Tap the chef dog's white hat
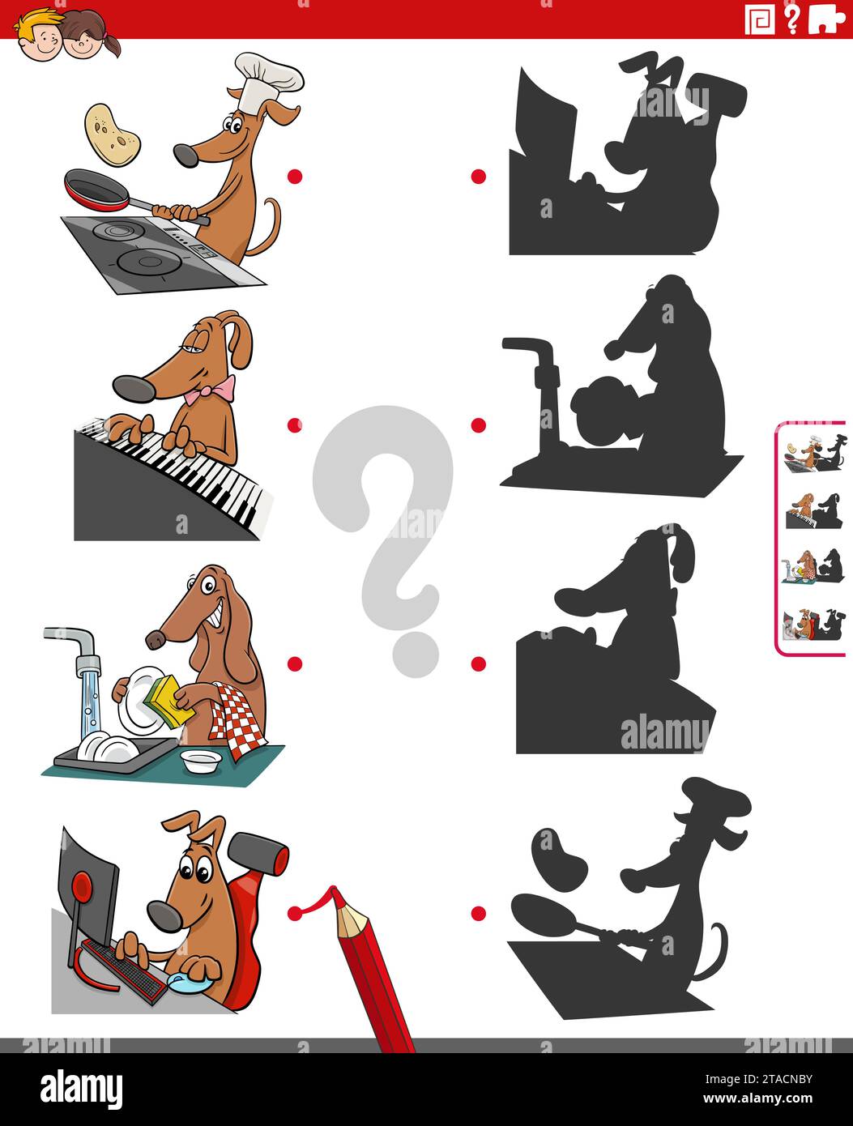[x=268, y=79]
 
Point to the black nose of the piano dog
[x=134, y=388]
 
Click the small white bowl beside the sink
[x=201, y=761]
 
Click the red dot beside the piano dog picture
[x=294, y=424]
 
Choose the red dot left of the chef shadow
[x=479, y=914]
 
